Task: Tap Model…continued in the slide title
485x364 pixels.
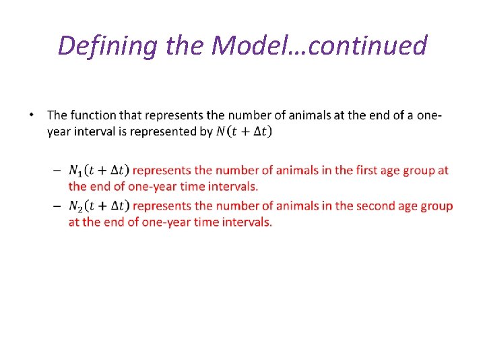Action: pyautogui.click(x=319, y=46)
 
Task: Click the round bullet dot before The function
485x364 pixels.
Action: pyautogui.click(x=32, y=115)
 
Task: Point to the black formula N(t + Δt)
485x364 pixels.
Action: pyautogui.click(x=244, y=132)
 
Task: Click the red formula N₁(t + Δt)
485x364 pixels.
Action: pyautogui.click(x=99, y=171)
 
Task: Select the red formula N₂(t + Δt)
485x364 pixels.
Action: pyautogui.click(x=99, y=206)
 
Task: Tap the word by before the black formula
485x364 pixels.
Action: pyautogui.click(x=206, y=131)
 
